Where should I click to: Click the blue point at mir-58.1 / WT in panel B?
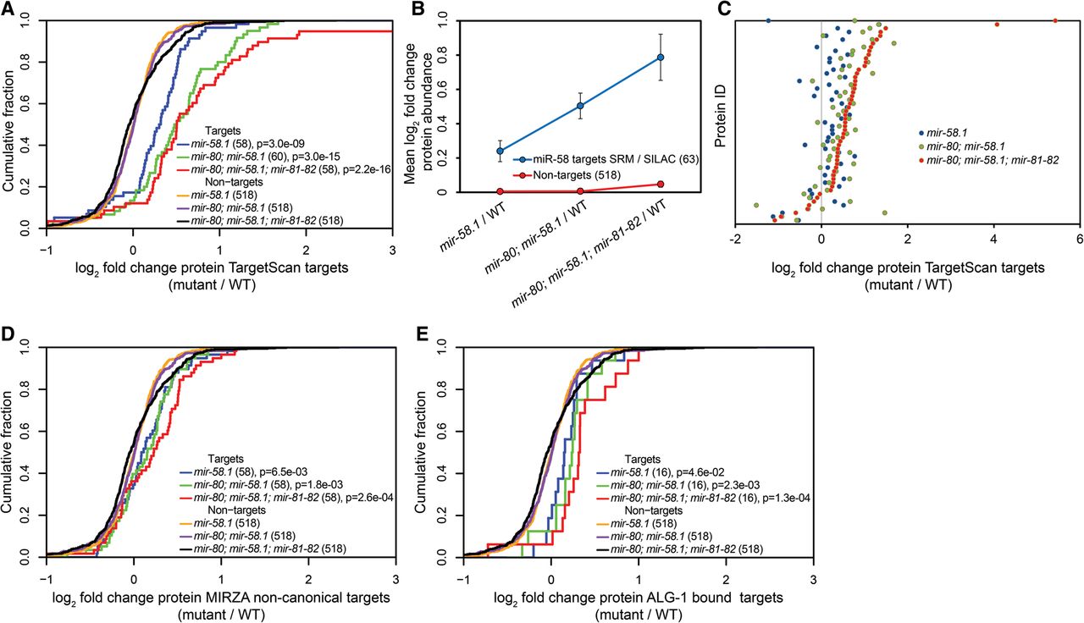(501, 151)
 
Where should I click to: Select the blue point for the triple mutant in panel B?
(661, 58)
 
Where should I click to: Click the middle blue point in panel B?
(581, 106)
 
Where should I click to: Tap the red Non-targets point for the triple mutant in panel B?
(661, 184)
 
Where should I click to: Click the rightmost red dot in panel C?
(1055, 20)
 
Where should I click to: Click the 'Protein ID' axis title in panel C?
(722, 123)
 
